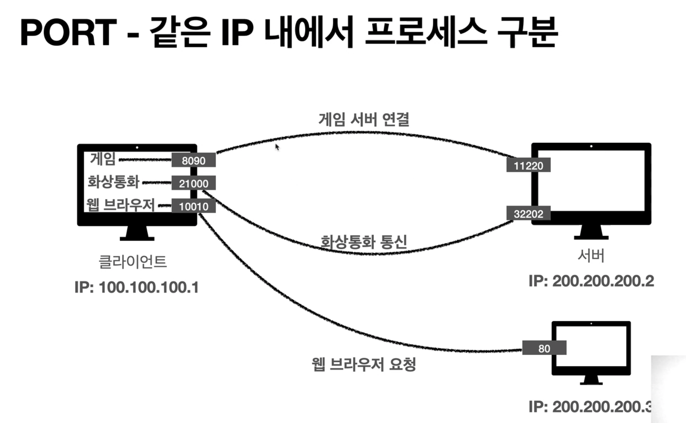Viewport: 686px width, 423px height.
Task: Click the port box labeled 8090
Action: coord(194,160)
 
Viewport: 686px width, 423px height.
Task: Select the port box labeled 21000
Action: coord(194,183)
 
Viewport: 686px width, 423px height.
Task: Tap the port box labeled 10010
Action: coord(194,206)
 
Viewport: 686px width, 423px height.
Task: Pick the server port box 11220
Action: coord(528,165)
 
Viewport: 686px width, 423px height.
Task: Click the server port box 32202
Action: coord(528,213)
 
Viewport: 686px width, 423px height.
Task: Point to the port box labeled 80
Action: coord(544,348)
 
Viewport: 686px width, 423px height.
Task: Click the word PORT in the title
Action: coord(69,32)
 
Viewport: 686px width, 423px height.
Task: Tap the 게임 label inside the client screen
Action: coord(103,159)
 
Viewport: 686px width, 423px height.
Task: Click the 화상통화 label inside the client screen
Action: coord(114,182)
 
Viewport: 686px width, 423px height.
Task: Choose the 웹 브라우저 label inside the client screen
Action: coord(121,205)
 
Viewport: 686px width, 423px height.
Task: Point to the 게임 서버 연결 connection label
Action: coord(364,120)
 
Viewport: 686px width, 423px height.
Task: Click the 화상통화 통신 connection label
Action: coord(364,242)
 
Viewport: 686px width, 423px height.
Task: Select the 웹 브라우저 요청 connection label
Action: coord(364,364)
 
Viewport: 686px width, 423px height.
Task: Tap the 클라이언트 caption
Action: coord(133,262)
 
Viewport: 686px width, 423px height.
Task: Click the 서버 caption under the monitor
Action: coord(591,256)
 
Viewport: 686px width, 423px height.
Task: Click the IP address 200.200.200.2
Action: coord(603,282)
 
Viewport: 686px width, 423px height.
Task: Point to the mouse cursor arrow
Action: coord(277,147)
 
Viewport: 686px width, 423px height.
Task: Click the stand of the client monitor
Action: coord(137,233)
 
